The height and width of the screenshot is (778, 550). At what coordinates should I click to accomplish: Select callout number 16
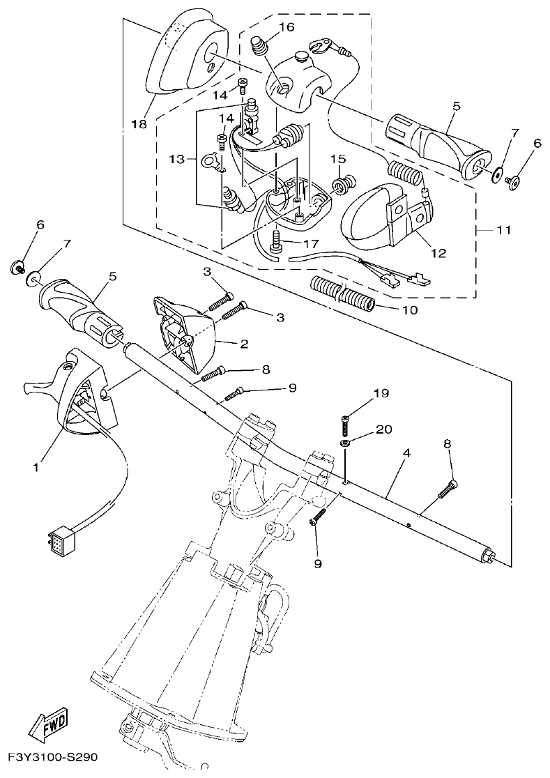tap(287, 27)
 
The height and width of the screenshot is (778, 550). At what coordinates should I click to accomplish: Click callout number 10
tap(410, 310)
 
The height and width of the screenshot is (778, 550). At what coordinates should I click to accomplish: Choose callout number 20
tap(383, 429)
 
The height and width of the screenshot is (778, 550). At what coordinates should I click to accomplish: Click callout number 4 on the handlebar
tap(406, 452)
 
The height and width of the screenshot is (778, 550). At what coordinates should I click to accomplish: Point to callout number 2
tap(244, 344)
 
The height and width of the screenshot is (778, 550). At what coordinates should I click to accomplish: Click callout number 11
tap(503, 229)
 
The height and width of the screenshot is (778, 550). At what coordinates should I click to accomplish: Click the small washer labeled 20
tap(345, 443)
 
